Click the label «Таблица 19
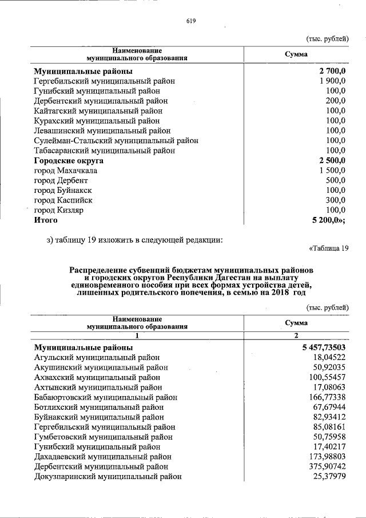(x=328, y=248)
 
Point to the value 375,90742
(x=327, y=466)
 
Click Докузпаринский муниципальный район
(x=108, y=476)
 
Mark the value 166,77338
(x=327, y=397)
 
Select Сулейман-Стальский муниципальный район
(x=112, y=140)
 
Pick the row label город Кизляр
(x=59, y=210)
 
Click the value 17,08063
(x=328, y=387)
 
